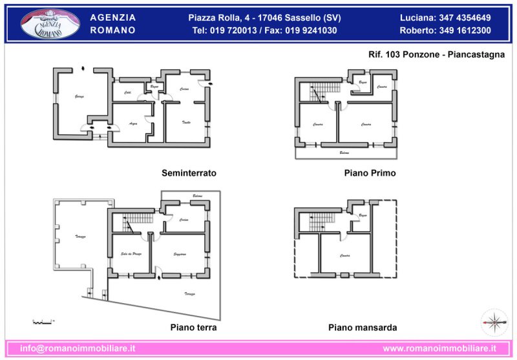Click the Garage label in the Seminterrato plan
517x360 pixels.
(79, 96)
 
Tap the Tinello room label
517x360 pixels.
(186, 122)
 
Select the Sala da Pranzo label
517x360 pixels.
(132, 253)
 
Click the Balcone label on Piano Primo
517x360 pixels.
(344, 153)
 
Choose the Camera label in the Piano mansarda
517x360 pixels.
(345, 256)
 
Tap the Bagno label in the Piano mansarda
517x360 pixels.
(363, 215)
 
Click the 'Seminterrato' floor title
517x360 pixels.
(189, 173)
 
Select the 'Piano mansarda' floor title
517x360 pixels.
(363, 328)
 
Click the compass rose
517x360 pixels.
(493, 321)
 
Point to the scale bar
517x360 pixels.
(43, 321)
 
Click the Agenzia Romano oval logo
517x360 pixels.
(50, 23)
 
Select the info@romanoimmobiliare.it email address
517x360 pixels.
(78, 348)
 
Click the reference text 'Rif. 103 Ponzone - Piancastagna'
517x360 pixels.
(436, 55)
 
